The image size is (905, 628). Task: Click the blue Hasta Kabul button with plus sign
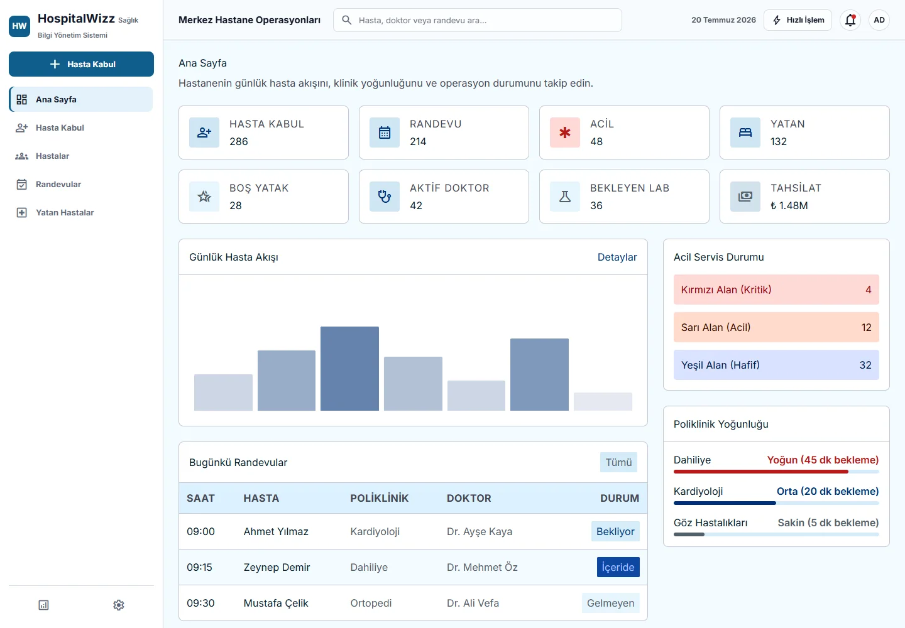pos(81,64)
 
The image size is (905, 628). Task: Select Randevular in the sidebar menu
pos(58,185)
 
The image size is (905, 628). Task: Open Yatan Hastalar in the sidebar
pos(64,213)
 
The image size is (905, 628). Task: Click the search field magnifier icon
pos(346,20)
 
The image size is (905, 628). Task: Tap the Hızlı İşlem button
pos(798,20)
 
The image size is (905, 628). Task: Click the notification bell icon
pos(850,20)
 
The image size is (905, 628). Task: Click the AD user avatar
pos(879,20)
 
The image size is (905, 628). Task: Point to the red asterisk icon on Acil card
pos(565,133)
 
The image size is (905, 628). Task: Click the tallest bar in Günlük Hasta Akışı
pos(349,369)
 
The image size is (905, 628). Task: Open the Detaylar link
pos(617,257)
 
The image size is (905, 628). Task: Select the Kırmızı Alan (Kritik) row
pos(776,290)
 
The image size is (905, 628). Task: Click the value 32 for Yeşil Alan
pos(865,365)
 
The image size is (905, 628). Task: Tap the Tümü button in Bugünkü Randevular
pos(618,462)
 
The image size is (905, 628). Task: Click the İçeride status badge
pos(618,567)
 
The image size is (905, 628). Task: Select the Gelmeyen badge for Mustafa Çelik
pos(610,603)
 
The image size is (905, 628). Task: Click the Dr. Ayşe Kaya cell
pos(479,531)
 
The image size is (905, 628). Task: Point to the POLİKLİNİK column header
pos(379,498)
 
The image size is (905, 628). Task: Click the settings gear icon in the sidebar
pos(118,605)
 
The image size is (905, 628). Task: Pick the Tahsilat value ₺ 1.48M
pos(789,206)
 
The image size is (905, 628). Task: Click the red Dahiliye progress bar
pos(760,472)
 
